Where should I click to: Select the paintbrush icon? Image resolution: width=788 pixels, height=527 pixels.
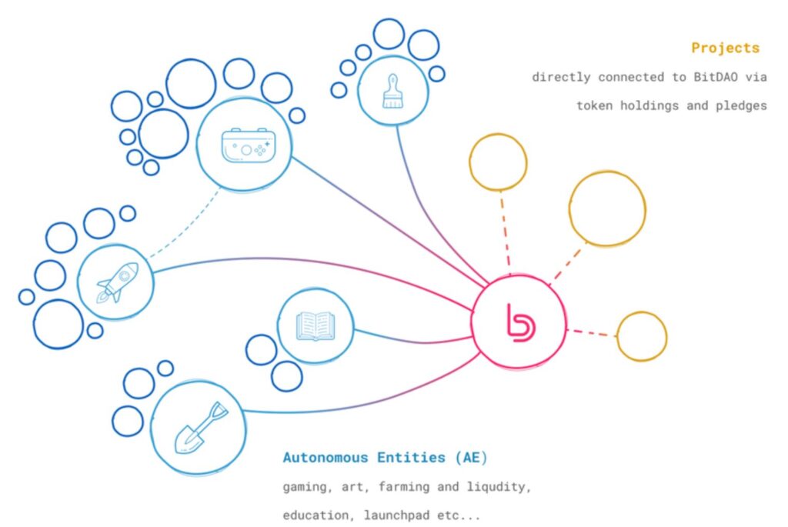tap(392, 90)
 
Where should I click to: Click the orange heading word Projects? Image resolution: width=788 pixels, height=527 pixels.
tap(725, 48)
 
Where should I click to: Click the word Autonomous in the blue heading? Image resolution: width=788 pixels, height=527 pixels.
tap(326, 458)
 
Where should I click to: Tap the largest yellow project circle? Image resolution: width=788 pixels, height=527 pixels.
tap(607, 208)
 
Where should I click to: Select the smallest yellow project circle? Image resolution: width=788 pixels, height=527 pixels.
tap(642, 336)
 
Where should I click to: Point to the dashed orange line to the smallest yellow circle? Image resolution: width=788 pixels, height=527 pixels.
tap(593, 332)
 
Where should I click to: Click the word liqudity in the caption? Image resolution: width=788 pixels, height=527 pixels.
tap(499, 487)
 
